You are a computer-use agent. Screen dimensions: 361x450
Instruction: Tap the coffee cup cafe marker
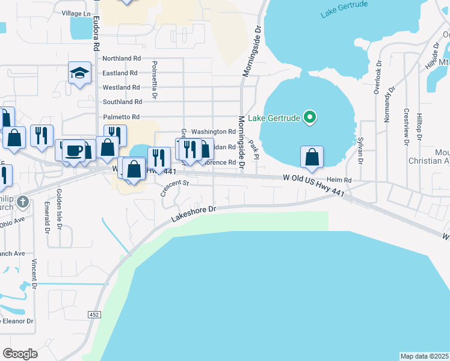point(73,149)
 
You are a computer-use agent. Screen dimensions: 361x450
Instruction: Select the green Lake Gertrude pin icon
point(309,117)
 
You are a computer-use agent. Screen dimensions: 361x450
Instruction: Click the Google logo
point(20,354)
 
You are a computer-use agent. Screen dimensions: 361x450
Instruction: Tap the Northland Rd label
point(122,58)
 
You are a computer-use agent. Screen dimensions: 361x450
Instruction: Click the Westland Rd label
point(122,87)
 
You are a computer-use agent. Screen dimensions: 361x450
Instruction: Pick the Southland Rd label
point(122,102)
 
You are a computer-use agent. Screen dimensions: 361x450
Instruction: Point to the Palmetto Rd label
point(121,117)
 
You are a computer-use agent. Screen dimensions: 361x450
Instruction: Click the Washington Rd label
point(214,131)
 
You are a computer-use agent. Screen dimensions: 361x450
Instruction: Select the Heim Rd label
point(339,179)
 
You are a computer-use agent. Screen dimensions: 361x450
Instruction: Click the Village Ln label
point(76,13)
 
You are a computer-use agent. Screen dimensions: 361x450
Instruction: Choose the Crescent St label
point(174,189)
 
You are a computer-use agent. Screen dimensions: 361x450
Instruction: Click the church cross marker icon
point(23,202)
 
